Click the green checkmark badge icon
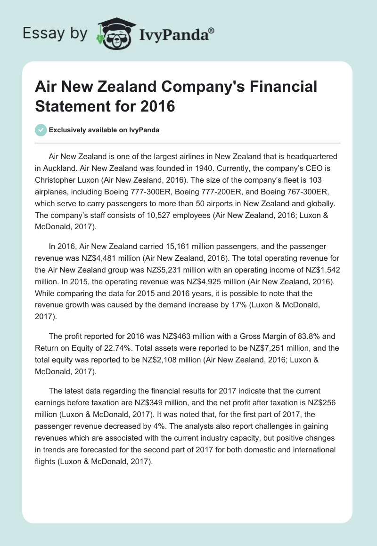(x=41, y=130)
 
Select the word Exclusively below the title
(x=68, y=130)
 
